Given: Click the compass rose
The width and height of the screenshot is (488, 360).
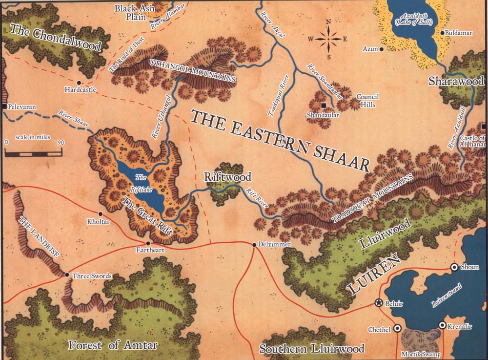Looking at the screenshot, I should (x=328, y=39).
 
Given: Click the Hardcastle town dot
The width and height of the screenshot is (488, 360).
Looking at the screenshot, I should (x=79, y=83).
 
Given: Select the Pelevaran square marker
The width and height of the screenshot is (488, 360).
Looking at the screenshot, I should (x=3, y=106).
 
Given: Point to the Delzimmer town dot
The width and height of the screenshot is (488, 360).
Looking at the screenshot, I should (x=254, y=244).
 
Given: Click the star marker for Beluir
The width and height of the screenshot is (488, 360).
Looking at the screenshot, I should (x=378, y=303).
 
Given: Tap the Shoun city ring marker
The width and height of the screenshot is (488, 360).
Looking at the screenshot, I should (x=454, y=267).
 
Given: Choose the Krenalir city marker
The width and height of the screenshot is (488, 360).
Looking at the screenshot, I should (x=442, y=325).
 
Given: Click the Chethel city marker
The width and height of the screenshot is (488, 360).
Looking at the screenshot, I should (x=398, y=329).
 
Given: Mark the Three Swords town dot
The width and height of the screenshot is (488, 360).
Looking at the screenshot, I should (x=67, y=275).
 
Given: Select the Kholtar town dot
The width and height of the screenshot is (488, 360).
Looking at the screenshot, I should (x=101, y=213).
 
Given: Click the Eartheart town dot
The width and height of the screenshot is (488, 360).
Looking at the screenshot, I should (x=148, y=243).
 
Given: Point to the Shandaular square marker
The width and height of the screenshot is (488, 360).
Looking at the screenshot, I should (x=323, y=106).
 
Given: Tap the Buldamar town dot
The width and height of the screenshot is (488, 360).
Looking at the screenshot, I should (x=442, y=33).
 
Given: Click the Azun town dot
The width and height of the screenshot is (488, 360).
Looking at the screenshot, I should (x=381, y=49).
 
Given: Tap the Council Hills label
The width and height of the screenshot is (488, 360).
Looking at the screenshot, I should (x=367, y=100).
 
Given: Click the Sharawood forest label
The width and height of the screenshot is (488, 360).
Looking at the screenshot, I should (x=456, y=81).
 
